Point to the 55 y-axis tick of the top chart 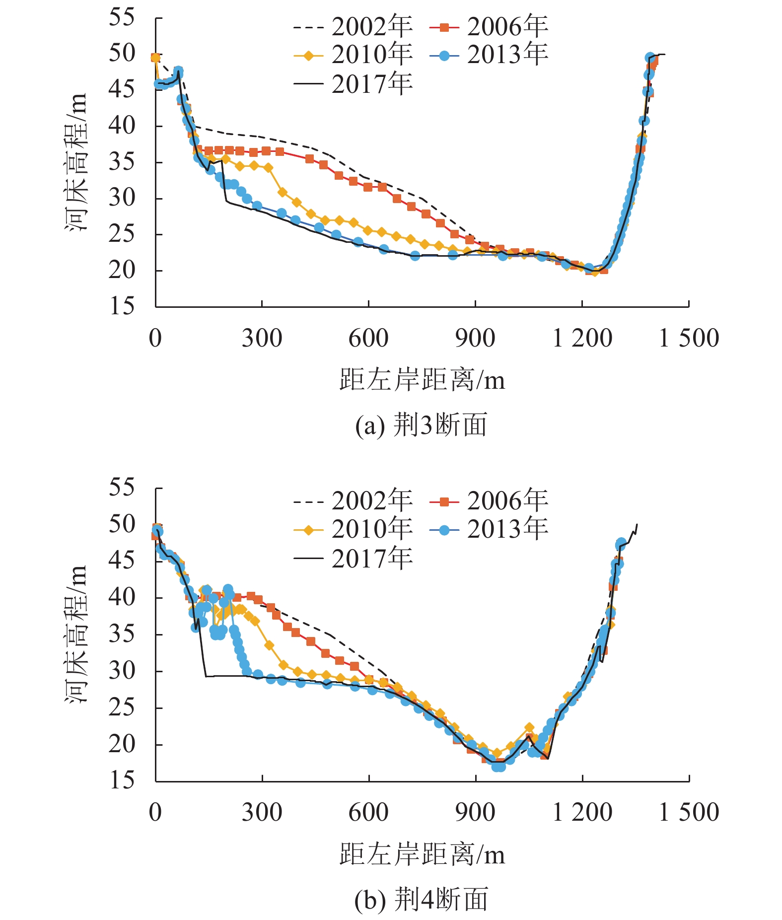(x=122, y=17)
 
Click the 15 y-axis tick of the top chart (x=122, y=306)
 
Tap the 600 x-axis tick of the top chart (x=368, y=339)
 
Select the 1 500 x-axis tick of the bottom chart (x=689, y=812)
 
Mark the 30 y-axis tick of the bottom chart (x=122, y=671)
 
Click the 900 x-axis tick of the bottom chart (x=475, y=812)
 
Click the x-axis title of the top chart (x=422, y=381)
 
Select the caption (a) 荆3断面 (x=421, y=425)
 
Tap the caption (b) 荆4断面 (x=421, y=899)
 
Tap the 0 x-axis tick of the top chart (x=155, y=339)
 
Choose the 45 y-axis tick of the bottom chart (x=122, y=561)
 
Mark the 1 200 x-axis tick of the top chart (x=582, y=339)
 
